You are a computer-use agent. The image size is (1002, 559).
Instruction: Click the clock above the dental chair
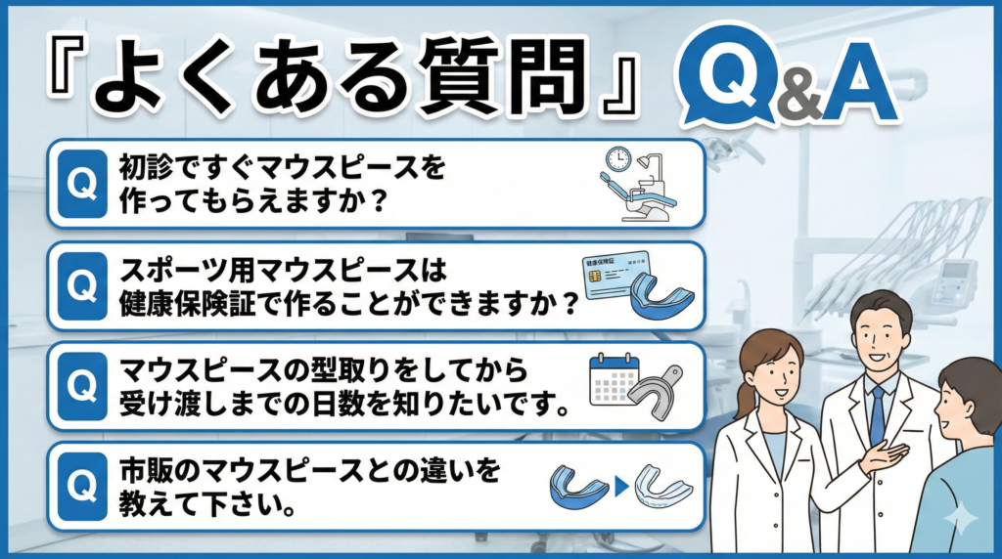pyautogui.click(x=617, y=159)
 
